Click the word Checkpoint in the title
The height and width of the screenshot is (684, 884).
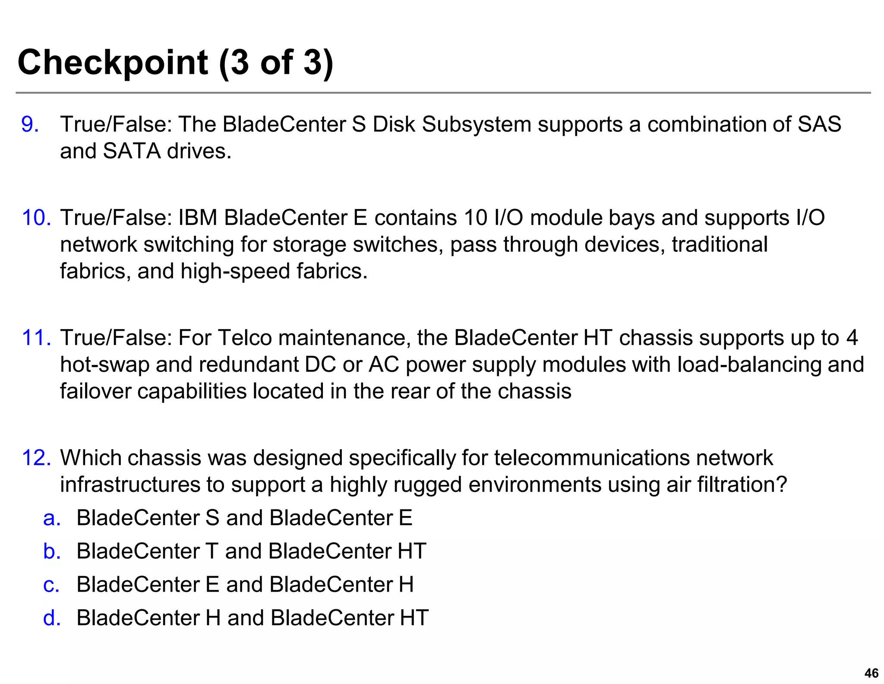[x=113, y=63]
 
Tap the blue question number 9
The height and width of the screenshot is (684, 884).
[x=30, y=124]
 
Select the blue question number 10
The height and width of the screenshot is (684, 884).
[x=36, y=218]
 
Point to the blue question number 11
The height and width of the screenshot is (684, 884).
[x=36, y=338]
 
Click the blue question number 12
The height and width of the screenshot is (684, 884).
[x=36, y=458]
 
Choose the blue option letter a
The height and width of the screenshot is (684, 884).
[x=52, y=518]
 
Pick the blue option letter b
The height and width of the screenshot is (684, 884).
[x=52, y=551]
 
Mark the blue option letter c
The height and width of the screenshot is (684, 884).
[x=51, y=585]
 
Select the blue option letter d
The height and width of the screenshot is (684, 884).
[x=52, y=618]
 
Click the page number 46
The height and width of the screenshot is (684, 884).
[x=871, y=673]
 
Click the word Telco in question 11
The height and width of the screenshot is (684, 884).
[x=245, y=338]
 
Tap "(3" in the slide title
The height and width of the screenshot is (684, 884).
[x=236, y=63]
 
